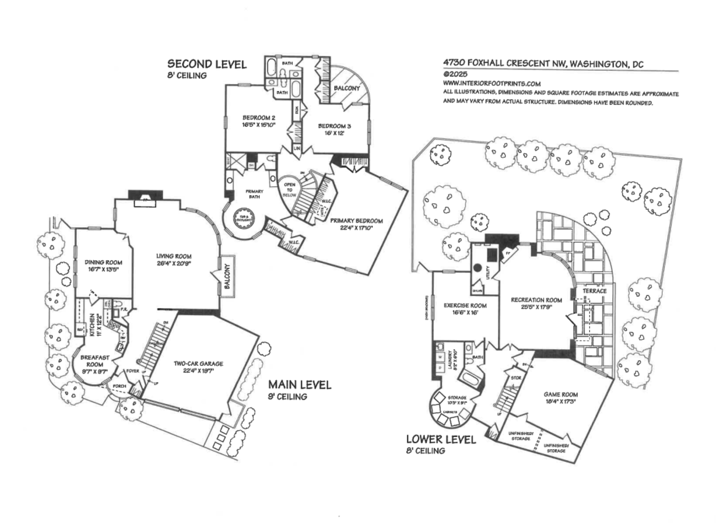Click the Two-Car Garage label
click(x=198, y=364)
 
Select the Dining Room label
click(x=103, y=262)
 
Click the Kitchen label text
click(x=92, y=325)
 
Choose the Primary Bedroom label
click(x=356, y=221)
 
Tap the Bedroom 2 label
click(x=259, y=118)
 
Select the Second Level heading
click(x=207, y=64)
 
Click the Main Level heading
click(x=299, y=385)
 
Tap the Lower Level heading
click(x=441, y=439)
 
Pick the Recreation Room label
click(x=536, y=300)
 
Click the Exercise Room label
click(x=465, y=306)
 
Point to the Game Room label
click(x=560, y=395)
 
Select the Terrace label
click(x=594, y=291)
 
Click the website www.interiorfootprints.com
click(x=492, y=84)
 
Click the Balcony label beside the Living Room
click(x=227, y=276)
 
